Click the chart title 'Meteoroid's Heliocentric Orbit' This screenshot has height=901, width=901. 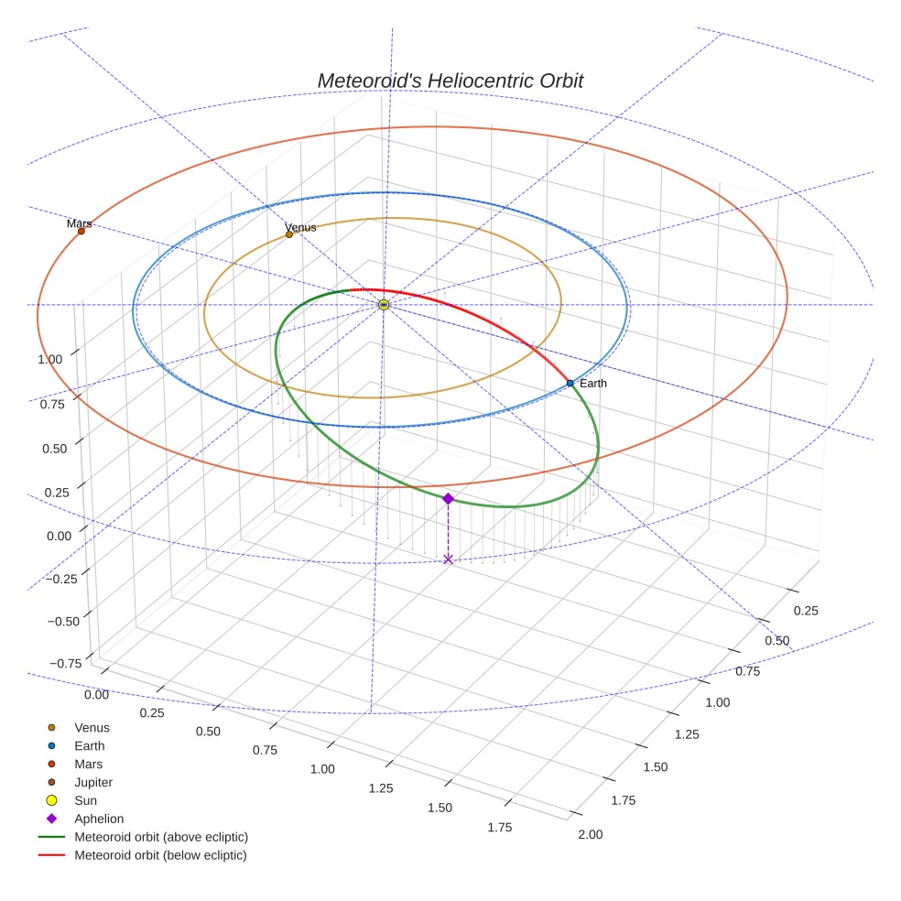pyautogui.click(x=450, y=81)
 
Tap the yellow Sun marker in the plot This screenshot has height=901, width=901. pyautogui.click(x=385, y=304)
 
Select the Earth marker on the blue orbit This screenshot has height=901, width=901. pyautogui.click(x=570, y=383)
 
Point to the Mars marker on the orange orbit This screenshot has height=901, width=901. pyautogui.click(x=81, y=231)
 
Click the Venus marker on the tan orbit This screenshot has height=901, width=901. pyautogui.click(x=289, y=234)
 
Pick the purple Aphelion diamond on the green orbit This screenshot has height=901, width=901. pyautogui.click(x=448, y=498)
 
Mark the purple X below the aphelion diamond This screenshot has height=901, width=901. pyautogui.click(x=448, y=559)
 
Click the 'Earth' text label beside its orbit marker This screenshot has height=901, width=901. pyautogui.click(x=592, y=383)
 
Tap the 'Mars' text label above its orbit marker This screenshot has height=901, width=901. pyautogui.click(x=80, y=223)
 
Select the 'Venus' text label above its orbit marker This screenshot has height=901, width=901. pyautogui.click(x=300, y=227)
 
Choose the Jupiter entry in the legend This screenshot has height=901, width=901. pyautogui.click(x=93, y=782)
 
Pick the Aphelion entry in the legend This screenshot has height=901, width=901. pyautogui.click(x=99, y=819)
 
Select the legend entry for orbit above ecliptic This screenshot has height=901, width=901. pyautogui.click(x=161, y=837)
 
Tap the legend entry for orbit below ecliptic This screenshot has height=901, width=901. pyautogui.click(x=160, y=855)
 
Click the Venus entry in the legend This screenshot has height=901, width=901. pyautogui.click(x=92, y=727)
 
